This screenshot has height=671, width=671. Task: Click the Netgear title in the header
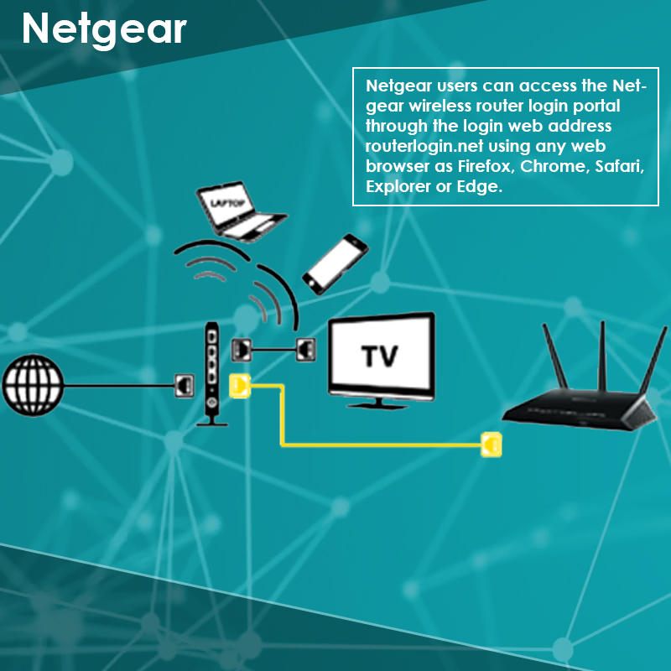104,30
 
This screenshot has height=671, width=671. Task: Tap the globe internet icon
33,385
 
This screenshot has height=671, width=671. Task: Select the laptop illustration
241,211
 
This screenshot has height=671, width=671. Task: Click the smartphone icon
335,264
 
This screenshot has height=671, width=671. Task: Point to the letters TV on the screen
380,356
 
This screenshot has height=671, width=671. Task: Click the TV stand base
378,404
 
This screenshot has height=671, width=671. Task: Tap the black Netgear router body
580,408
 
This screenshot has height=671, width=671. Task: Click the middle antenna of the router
602,355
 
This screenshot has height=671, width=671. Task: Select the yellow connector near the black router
492,445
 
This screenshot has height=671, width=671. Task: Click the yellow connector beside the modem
240,386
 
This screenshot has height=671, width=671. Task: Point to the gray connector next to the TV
306,349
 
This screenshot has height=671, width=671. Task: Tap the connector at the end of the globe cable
185,386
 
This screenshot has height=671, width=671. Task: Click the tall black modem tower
212,373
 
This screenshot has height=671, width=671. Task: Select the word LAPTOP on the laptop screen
227,203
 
